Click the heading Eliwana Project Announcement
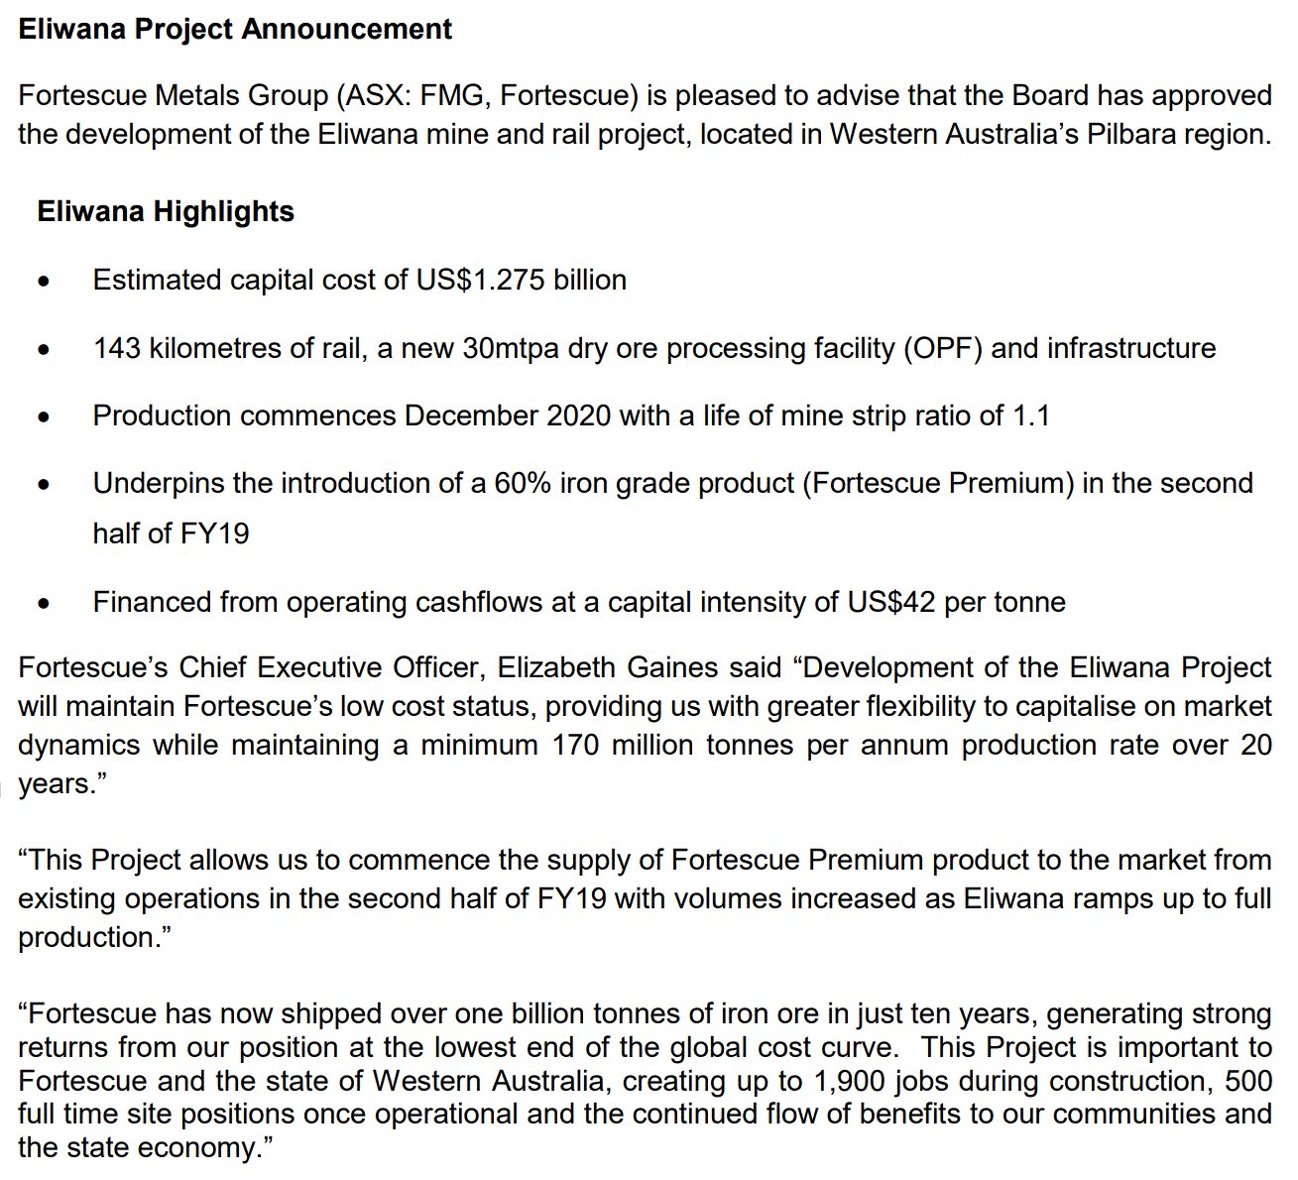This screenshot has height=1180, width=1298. [235, 29]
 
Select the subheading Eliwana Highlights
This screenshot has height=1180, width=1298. [166, 212]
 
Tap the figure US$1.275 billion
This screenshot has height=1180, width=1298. [522, 281]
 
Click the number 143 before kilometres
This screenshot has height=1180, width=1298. [117, 349]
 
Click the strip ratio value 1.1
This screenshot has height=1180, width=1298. [1031, 416]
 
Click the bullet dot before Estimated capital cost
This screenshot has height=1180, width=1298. [44, 283]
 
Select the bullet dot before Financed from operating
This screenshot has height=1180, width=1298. [44, 604]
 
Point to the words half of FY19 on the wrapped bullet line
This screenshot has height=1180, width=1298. [171, 534]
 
